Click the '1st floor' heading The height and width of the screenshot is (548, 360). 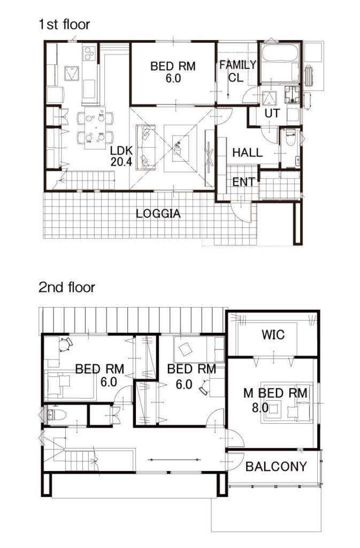64,25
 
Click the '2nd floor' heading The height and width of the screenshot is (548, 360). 67,287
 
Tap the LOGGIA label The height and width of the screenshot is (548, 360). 158,214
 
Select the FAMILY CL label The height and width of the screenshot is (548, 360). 238,71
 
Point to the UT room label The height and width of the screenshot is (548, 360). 272,113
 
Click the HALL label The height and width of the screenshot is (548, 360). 248,153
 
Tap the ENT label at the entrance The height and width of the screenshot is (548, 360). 243,182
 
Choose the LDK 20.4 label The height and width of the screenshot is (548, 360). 121,156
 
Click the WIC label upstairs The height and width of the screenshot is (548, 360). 273,335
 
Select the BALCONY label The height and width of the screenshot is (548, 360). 276,466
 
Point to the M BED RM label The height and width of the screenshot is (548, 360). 275,393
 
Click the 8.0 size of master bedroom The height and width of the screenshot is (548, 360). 260,407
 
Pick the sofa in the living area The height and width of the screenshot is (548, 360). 146,148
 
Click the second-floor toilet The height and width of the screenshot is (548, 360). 56,415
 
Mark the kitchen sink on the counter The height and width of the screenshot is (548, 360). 89,88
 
